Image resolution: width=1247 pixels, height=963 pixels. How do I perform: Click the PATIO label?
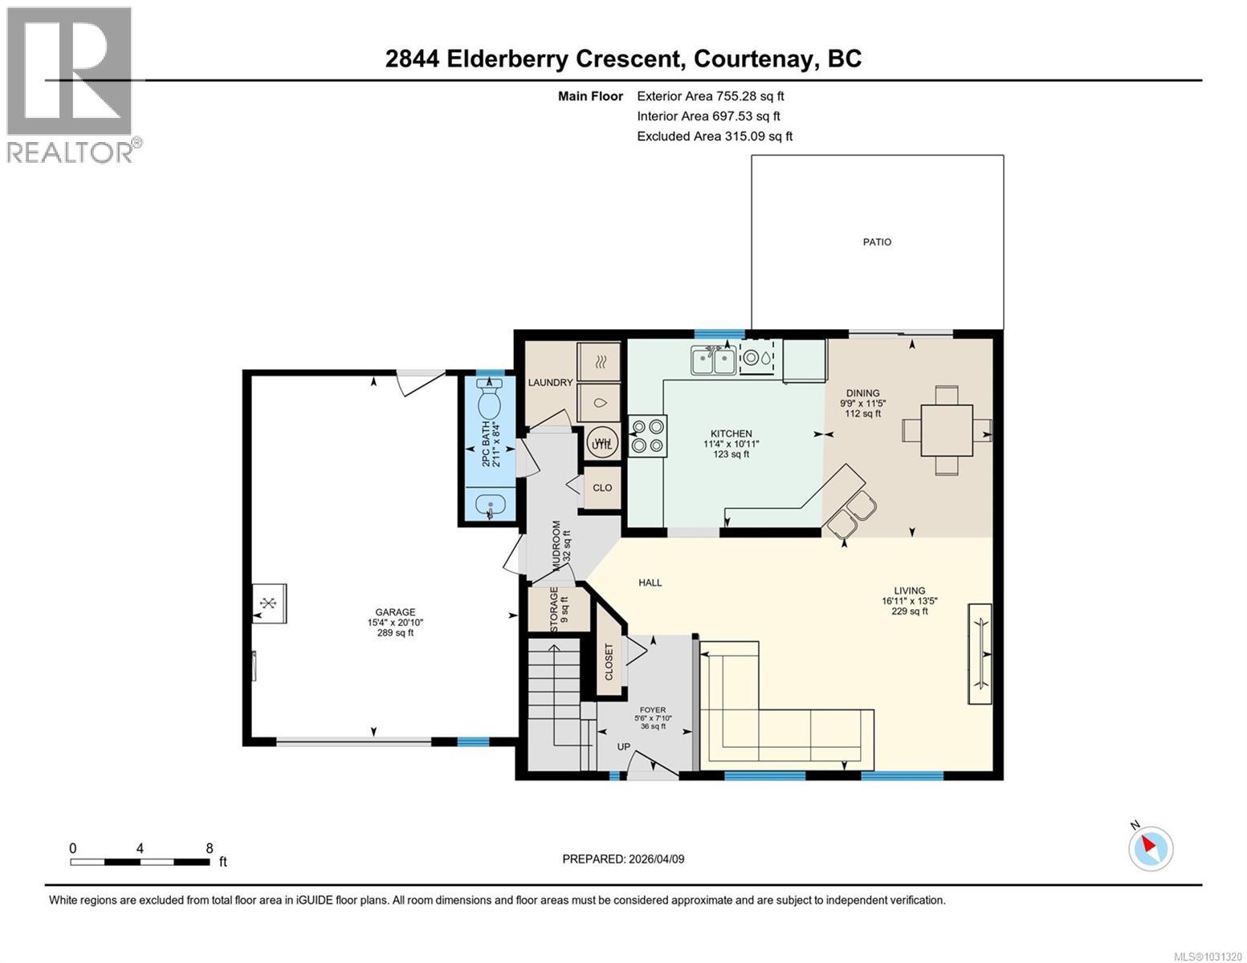tap(877, 242)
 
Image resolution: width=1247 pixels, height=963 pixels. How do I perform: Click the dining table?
tap(947, 431)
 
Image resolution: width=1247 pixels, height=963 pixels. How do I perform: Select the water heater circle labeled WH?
tap(602, 442)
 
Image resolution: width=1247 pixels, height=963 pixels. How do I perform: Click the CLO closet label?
tap(602, 488)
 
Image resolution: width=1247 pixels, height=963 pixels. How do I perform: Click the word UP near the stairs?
tap(623, 746)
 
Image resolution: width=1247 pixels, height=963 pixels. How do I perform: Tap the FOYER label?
tap(652, 709)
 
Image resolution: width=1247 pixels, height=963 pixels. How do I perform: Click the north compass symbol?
tap(1151, 847)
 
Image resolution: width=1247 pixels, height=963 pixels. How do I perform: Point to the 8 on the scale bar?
tap(210, 848)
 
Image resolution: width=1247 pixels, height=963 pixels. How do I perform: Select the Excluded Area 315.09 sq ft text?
tap(715, 136)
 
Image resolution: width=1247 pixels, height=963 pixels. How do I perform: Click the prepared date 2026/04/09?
tap(623, 859)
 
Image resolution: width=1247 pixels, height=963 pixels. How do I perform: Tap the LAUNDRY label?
tap(550, 382)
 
